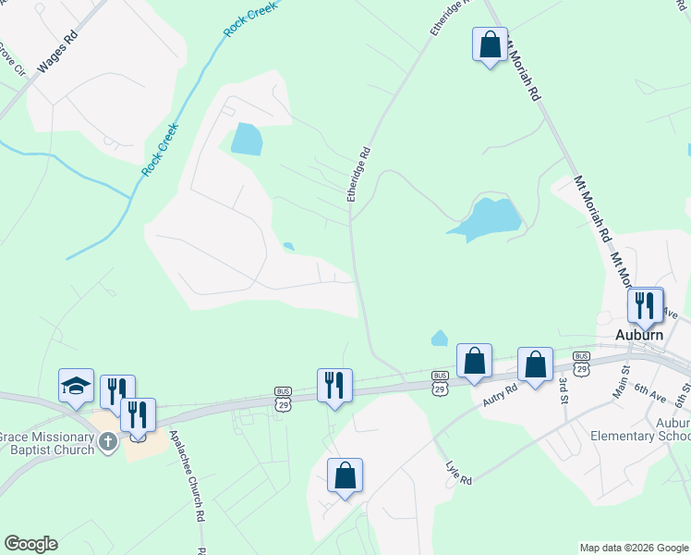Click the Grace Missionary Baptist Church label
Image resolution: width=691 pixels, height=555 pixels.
(47, 443)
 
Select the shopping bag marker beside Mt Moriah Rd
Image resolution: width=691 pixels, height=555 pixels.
(490, 43)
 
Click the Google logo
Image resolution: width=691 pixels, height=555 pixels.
(30, 544)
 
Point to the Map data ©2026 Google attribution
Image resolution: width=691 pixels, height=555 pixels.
(633, 548)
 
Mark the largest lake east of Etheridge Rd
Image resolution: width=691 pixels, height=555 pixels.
(486, 218)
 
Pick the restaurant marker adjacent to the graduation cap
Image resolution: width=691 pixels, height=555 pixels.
(117, 391)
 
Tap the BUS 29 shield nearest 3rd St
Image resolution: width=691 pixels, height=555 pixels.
(581, 363)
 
